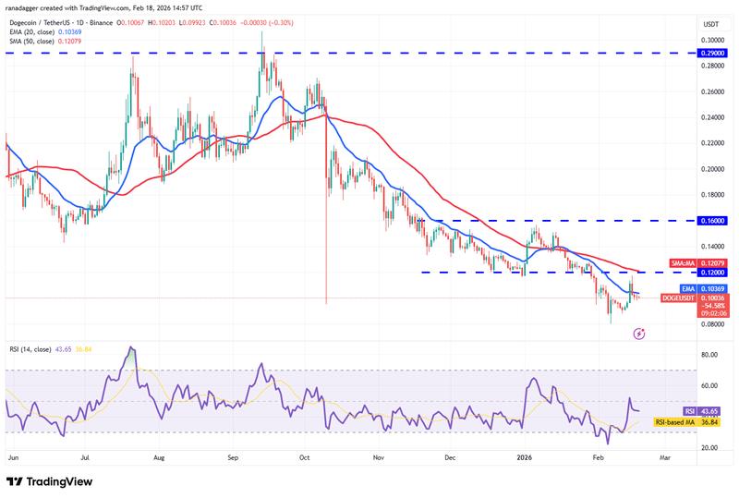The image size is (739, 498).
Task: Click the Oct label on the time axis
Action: coord(303,456)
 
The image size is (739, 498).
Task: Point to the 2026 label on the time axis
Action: coord(525,456)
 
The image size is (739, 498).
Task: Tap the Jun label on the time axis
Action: coord(12,456)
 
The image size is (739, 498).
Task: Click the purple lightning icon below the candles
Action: coord(639,333)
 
